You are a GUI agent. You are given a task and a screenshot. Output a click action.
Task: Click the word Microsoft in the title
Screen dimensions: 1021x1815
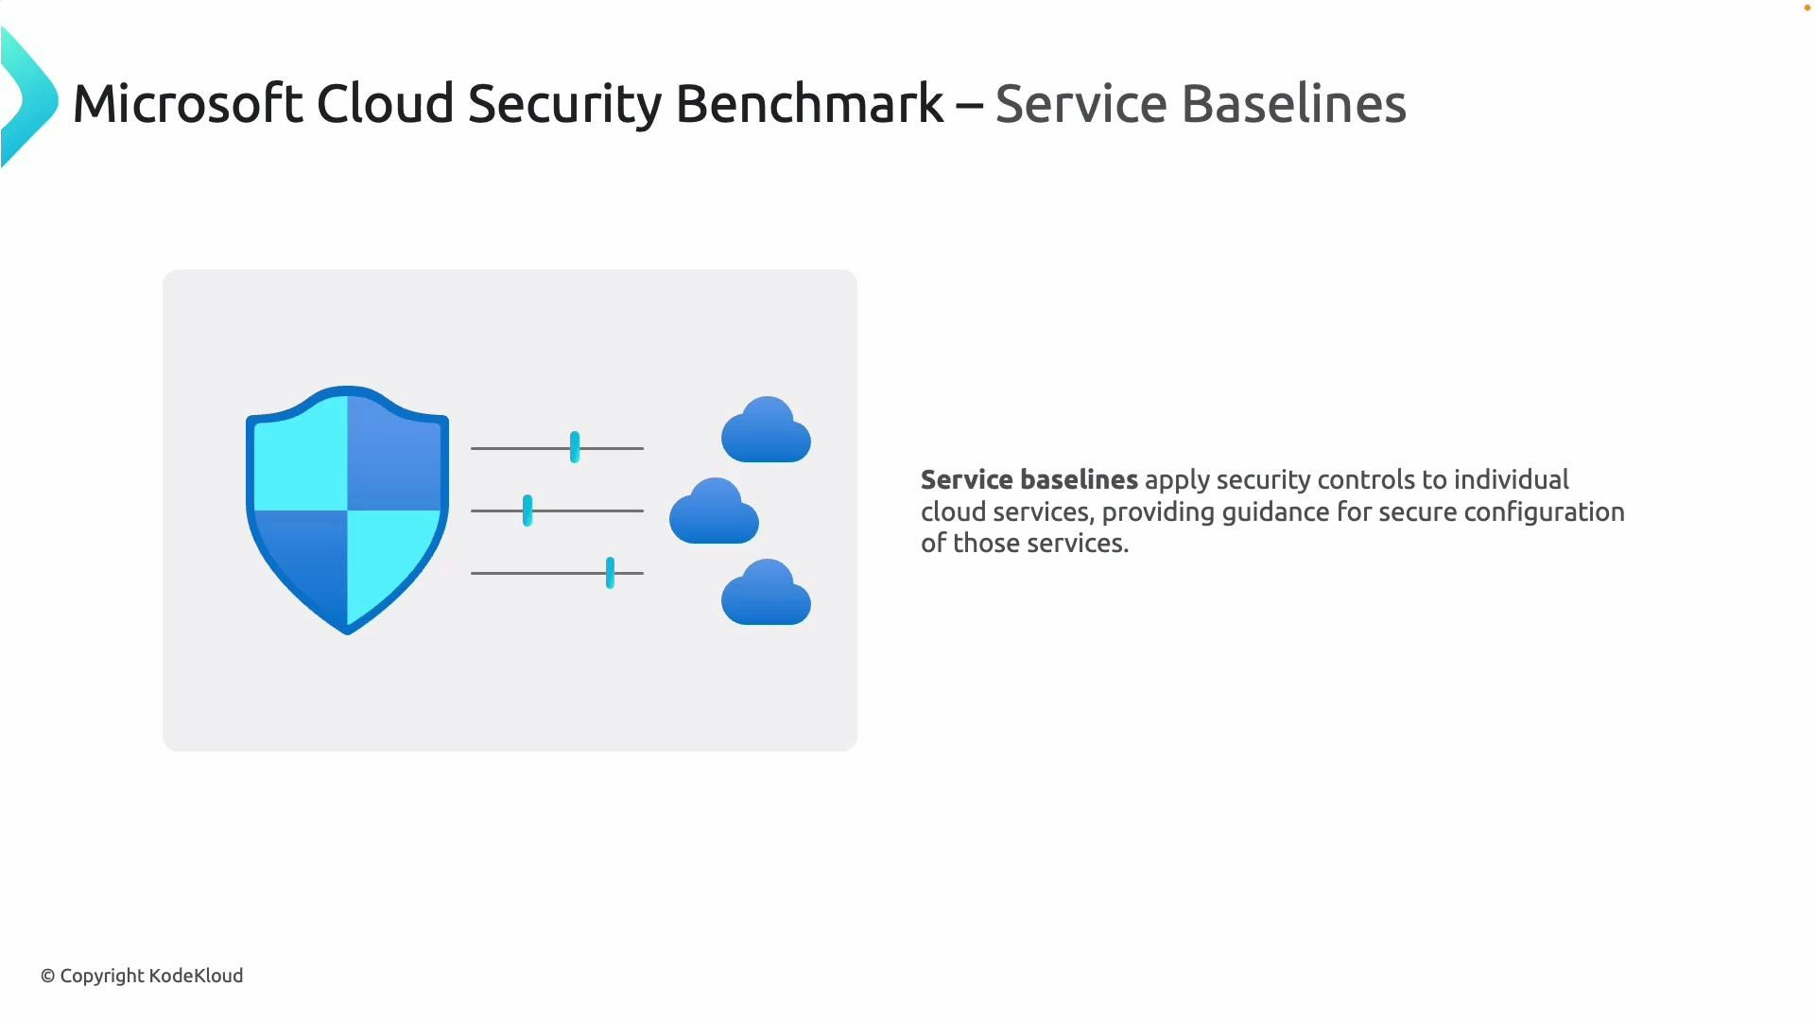[x=187, y=103]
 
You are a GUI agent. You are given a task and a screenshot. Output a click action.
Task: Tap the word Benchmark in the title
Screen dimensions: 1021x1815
[x=809, y=103]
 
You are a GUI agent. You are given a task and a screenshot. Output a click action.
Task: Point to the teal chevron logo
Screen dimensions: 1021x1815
[x=28, y=98]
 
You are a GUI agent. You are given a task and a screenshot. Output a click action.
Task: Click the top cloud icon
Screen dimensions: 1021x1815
[x=766, y=432]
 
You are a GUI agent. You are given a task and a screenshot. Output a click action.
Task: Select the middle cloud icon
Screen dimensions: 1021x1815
[x=714, y=513]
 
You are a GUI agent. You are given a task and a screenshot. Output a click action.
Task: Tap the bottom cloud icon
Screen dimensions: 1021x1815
[x=766, y=595]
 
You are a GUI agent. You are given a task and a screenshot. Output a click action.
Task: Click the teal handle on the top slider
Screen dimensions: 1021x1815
[x=575, y=447]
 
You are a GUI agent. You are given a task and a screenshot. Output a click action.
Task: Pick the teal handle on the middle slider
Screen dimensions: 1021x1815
[x=527, y=510]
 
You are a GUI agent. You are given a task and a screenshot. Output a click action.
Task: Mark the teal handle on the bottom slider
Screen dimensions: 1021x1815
[x=610, y=573]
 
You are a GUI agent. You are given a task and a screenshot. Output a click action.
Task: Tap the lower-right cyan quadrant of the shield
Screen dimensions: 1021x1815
[x=388, y=558]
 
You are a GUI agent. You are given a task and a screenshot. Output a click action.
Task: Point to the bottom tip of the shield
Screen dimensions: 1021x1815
[x=347, y=630]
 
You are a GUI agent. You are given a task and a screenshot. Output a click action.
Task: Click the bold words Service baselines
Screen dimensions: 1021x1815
[x=1028, y=480]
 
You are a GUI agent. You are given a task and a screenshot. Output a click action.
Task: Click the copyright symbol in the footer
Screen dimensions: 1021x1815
[x=47, y=977]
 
